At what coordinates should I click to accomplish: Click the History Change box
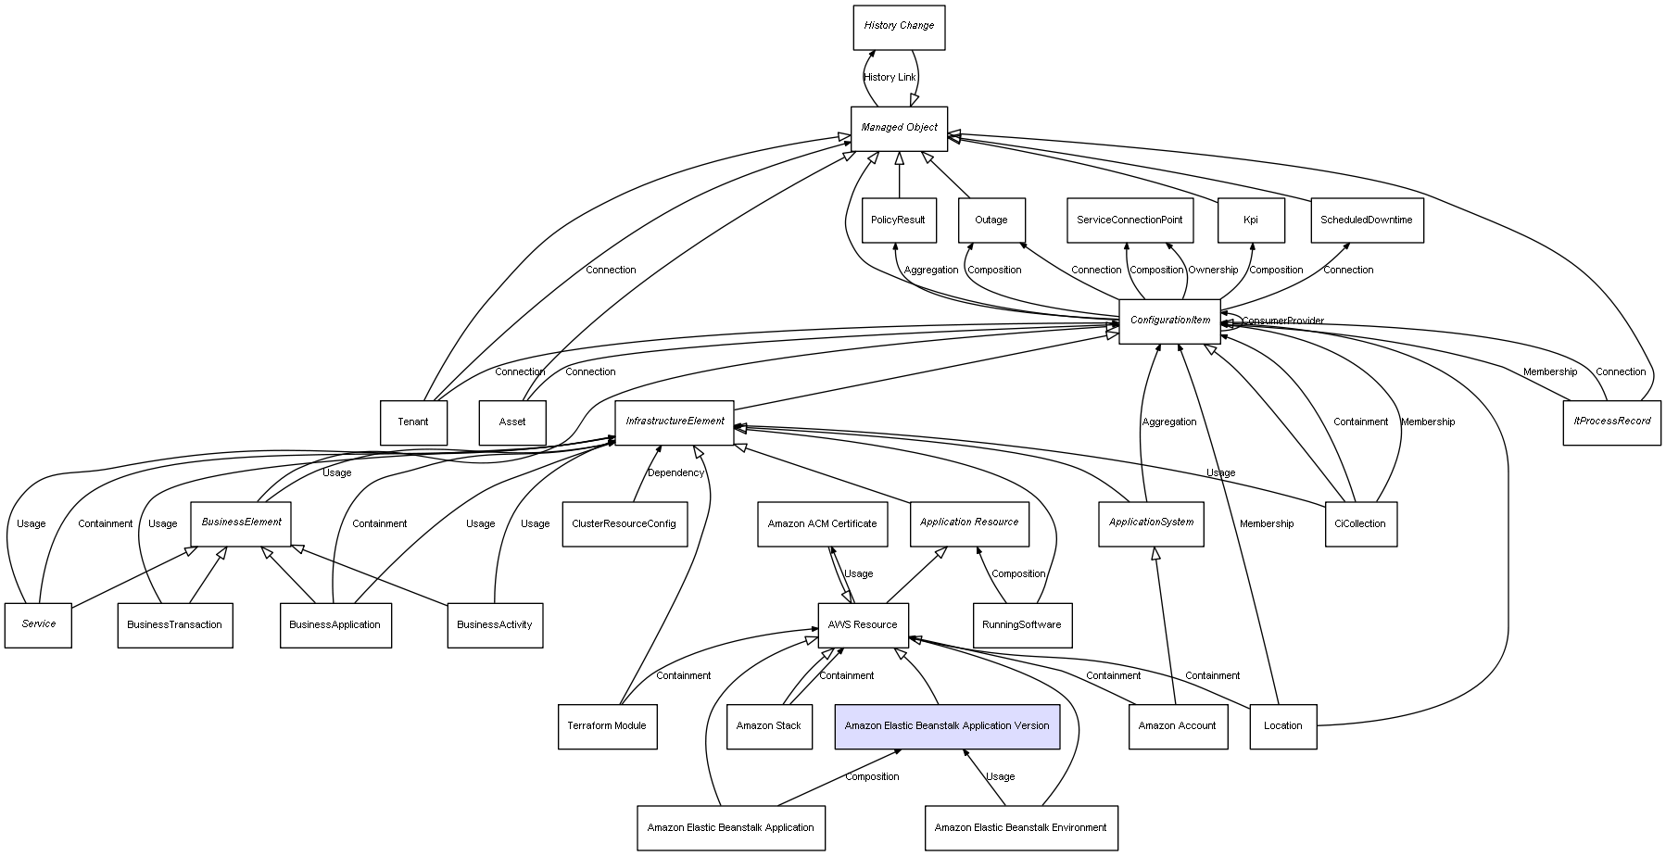click(x=899, y=27)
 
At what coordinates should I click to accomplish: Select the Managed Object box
click(x=899, y=128)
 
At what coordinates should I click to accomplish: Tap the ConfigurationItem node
click(x=1169, y=321)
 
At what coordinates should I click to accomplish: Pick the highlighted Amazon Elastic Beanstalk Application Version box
click(x=946, y=726)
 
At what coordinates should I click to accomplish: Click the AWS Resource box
click(x=863, y=625)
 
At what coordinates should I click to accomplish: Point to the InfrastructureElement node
click(x=675, y=422)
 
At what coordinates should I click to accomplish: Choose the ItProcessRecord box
click(x=1611, y=422)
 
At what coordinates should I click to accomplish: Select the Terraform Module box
click(x=607, y=726)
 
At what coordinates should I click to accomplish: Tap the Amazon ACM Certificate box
click(x=822, y=524)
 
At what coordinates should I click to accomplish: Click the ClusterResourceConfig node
click(x=624, y=524)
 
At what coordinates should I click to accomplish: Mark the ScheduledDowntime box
click(x=1366, y=220)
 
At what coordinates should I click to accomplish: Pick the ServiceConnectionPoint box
click(x=1129, y=220)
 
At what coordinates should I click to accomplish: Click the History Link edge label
click(x=890, y=78)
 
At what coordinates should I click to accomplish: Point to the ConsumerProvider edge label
click(x=1282, y=321)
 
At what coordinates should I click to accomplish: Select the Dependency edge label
click(x=675, y=473)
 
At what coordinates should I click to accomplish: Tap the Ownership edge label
click(x=1213, y=271)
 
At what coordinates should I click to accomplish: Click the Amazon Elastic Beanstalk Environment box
click(x=1020, y=828)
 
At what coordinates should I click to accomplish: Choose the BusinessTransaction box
click(x=174, y=625)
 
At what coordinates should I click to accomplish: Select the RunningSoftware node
click(x=1022, y=625)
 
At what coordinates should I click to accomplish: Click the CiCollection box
click(x=1359, y=524)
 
